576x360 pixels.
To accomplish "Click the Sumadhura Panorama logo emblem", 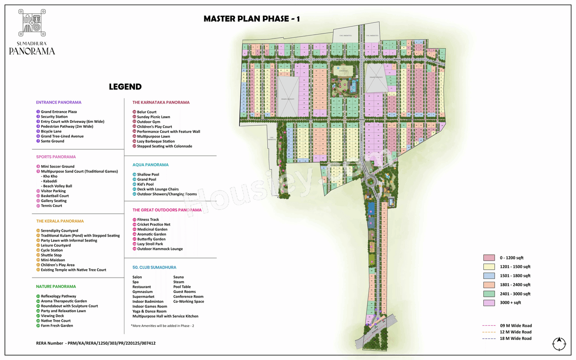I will point(32,22).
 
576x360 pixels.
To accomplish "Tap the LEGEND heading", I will point(125,87).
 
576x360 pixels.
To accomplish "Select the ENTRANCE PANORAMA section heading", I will point(59,102).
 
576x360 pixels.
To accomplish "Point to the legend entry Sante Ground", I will point(52,141).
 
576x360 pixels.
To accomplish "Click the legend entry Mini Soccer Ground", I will point(58,166).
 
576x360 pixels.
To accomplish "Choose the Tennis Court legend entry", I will point(51,206).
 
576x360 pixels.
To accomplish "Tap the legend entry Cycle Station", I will point(52,250).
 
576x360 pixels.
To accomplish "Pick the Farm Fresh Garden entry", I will point(57,325).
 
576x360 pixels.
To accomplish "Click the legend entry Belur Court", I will point(147,112).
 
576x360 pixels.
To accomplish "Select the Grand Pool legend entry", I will point(147,180).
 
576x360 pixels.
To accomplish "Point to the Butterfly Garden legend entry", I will point(151,239).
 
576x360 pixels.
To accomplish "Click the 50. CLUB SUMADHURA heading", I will point(154,267).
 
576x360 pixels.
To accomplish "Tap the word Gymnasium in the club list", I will point(142,292).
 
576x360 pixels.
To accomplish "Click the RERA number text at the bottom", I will point(96,343).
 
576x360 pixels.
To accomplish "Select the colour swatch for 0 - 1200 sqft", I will point(489,258).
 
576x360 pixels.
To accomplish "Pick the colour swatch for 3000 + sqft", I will point(489,303).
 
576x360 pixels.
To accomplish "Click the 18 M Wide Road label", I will point(515,338).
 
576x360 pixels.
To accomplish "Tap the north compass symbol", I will point(559,343).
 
